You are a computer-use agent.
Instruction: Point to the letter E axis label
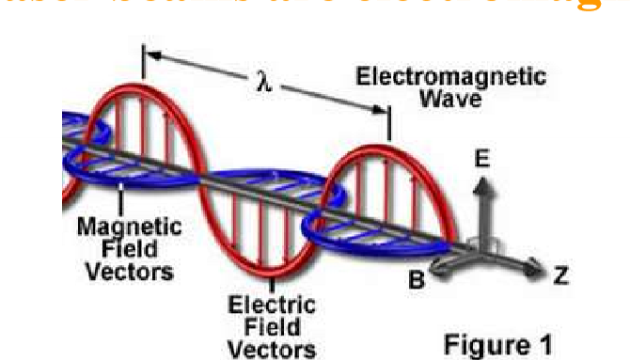(480, 162)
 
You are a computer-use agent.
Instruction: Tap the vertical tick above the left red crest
(143, 65)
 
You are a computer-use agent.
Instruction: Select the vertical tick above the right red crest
(389, 122)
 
